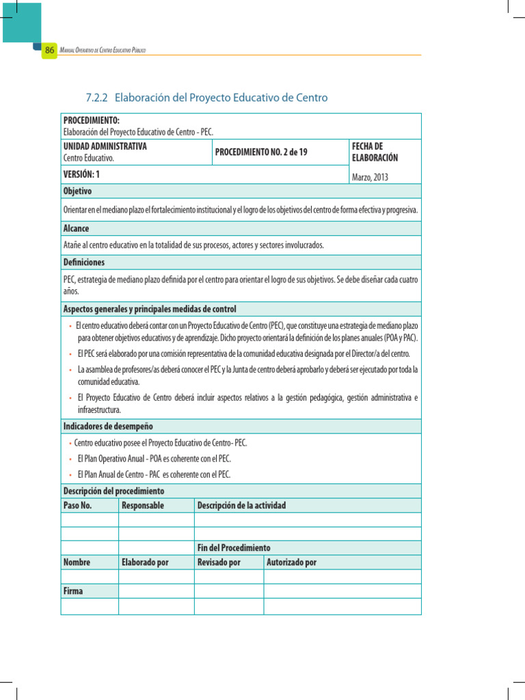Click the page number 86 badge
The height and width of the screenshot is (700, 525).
(49, 51)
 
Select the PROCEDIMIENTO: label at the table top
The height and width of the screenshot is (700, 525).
(91, 120)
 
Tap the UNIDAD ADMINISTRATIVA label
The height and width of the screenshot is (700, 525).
(105, 146)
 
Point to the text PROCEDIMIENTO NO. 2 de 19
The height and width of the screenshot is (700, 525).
(261, 152)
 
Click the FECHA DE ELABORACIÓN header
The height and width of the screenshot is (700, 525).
(375, 152)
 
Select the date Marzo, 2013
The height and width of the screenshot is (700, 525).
(369, 177)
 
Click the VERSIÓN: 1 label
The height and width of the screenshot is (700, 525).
(81, 174)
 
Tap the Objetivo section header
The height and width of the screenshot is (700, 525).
(77, 191)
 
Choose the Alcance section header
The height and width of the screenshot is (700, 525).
(76, 228)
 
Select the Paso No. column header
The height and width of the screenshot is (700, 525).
(77, 505)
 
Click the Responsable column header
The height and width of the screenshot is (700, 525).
(142, 505)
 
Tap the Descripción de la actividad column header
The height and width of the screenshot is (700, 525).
(241, 505)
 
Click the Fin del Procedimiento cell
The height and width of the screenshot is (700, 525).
(234, 548)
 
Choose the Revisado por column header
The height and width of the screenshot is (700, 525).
(219, 563)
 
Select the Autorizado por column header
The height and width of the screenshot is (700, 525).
(292, 563)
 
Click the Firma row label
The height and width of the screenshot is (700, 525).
(73, 591)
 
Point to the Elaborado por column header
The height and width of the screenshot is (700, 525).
(145, 563)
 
